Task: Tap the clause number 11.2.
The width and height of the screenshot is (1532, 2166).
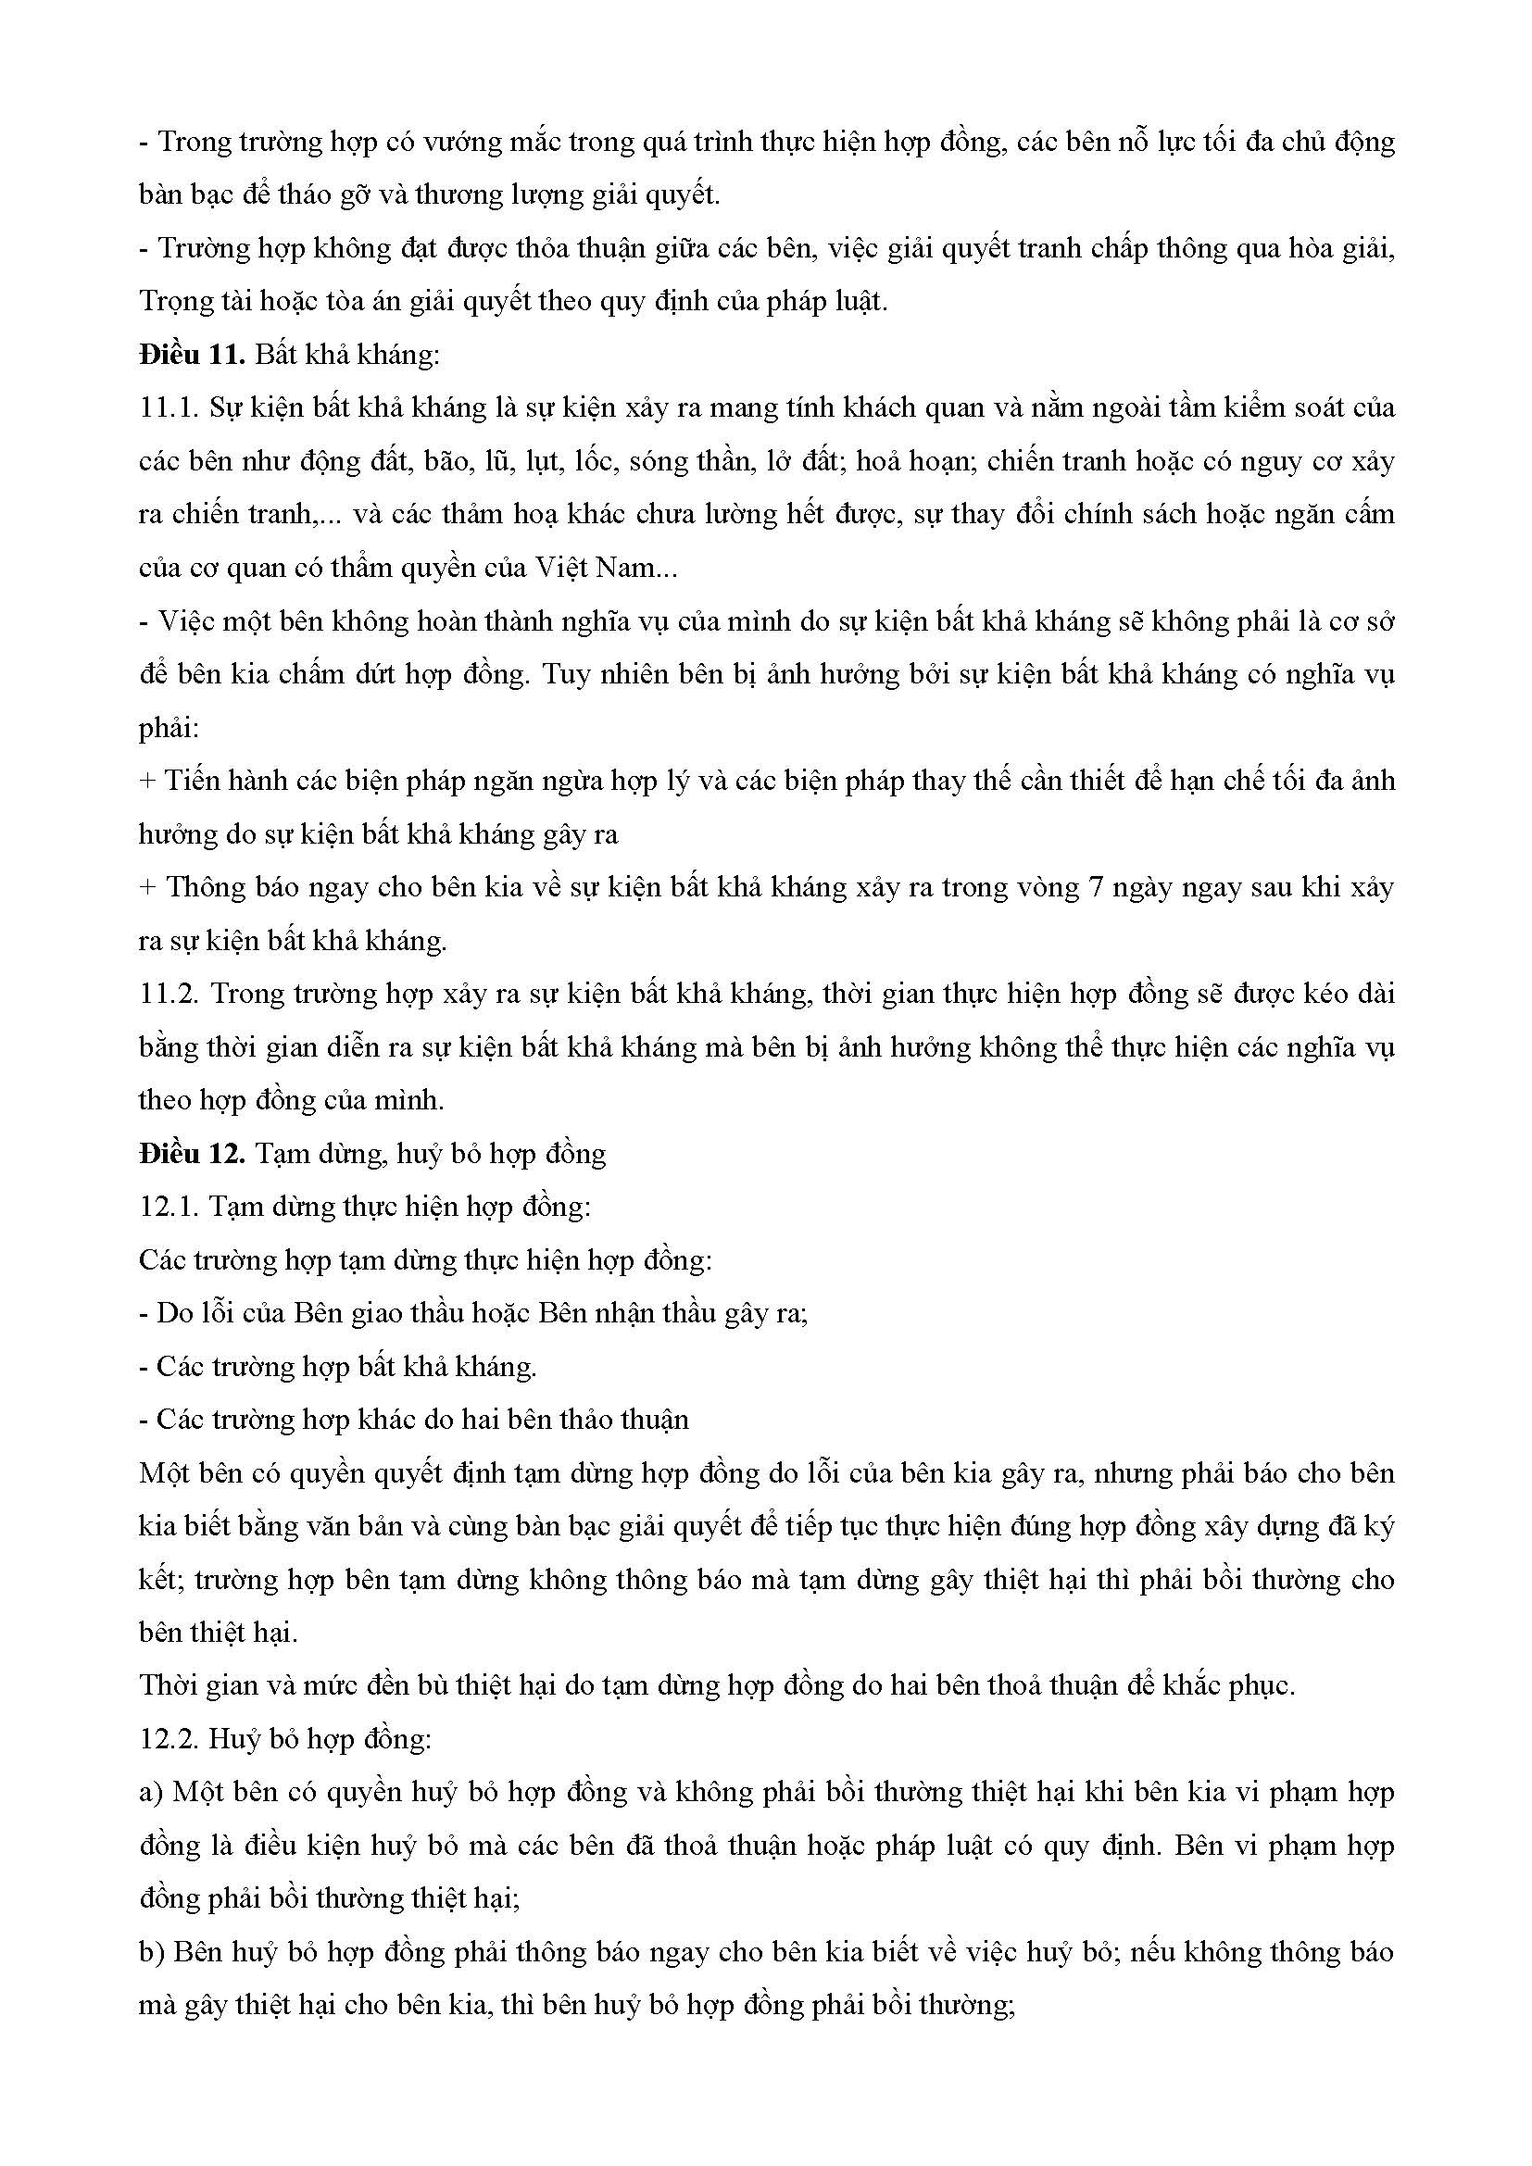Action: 168,994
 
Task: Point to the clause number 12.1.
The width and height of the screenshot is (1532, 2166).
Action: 168,1207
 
